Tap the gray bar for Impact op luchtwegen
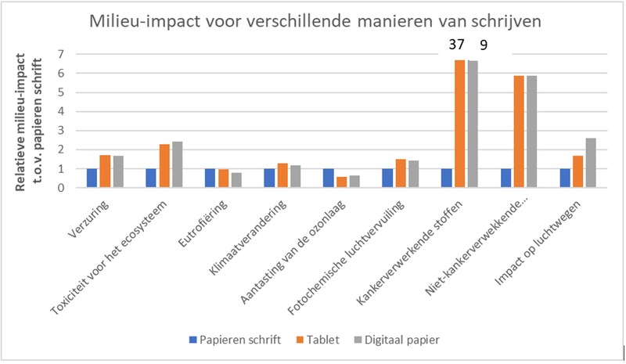coord(590,163)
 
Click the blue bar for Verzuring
coord(92,178)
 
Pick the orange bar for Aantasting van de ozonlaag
coord(341,182)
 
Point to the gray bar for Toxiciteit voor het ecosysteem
coord(176,164)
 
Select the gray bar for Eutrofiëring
coord(236,180)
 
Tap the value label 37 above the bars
coord(457,45)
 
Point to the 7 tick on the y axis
coord(59,54)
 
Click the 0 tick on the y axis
coord(59,188)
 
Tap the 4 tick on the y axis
coord(59,111)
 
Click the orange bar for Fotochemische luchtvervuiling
coord(400,173)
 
